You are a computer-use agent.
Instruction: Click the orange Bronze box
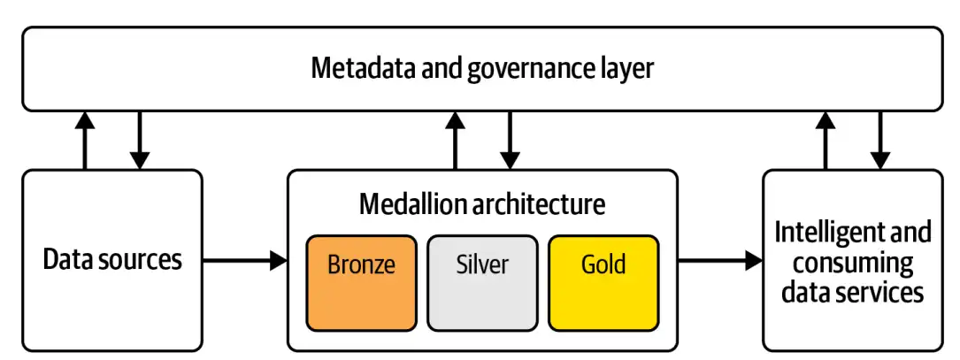pos(361,281)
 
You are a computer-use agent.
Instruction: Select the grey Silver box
pos(482,281)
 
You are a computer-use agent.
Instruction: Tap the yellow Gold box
pos(603,281)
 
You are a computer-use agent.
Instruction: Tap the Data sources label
pos(112,259)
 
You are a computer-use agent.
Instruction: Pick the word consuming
pos(853,262)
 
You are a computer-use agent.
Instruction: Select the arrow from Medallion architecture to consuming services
pos(719,260)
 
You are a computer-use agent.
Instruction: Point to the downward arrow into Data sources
pos(139,142)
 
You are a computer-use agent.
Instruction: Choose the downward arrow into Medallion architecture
pos(510,142)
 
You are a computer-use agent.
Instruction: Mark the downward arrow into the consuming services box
pos(879,142)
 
